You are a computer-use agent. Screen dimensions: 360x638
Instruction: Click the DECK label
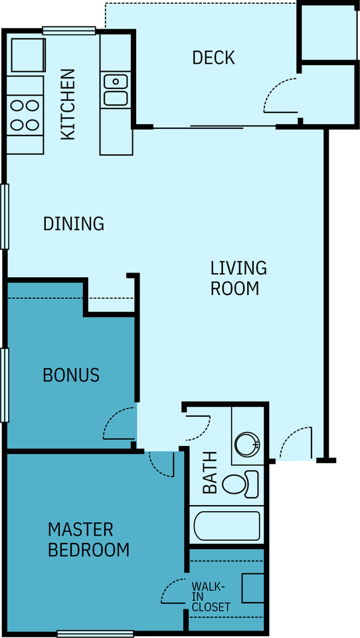(x=213, y=58)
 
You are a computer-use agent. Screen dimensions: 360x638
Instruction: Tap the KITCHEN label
(x=68, y=104)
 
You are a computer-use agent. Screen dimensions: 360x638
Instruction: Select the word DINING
(x=74, y=223)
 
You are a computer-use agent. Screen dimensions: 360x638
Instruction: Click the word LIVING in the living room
(x=238, y=268)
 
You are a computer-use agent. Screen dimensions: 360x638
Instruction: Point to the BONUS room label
(x=71, y=375)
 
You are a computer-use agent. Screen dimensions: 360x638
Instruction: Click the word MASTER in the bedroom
(x=80, y=530)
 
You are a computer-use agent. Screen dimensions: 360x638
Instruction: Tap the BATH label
(x=210, y=472)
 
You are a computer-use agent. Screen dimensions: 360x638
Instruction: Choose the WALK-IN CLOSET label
(x=211, y=597)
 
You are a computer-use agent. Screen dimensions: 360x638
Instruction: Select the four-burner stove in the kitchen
(x=25, y=116)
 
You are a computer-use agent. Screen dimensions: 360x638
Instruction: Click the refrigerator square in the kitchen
(x=28, y=55)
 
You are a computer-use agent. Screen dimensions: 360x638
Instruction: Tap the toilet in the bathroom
(x=240, y=484)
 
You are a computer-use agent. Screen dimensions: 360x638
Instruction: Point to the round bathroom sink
(x=247, y=443)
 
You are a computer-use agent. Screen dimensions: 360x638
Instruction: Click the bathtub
(x=226, y=526)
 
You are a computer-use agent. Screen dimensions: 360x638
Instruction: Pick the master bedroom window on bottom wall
(x=96, y=633)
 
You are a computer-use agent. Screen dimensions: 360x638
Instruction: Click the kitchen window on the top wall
(x=69, y=30)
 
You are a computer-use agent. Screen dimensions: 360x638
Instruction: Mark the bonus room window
(x=5, y=385)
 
